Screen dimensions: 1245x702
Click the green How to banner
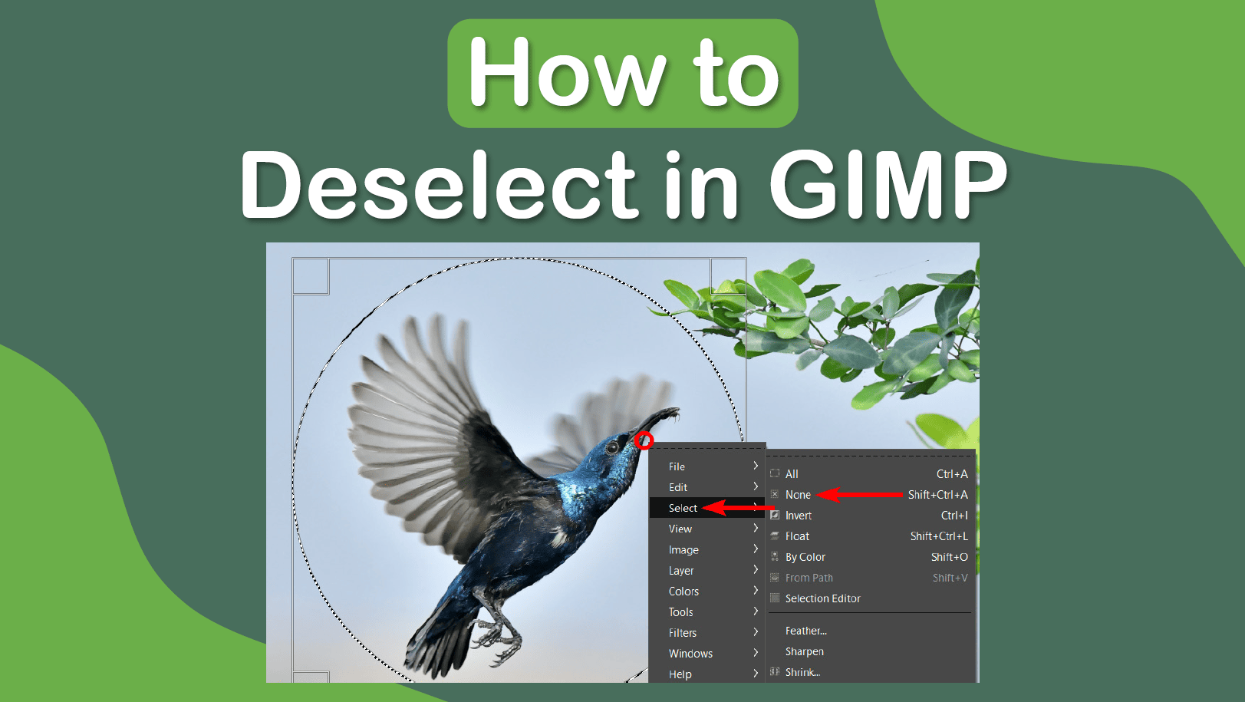[x=623, y=74]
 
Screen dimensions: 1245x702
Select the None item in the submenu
[x=798, y=495]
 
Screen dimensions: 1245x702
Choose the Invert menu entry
[x=798, y=516]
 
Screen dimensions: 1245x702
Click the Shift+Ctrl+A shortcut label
[x=937, y=495]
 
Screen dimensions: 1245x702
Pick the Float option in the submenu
[x=797, y=536]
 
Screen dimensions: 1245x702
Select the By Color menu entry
[x=805, y=557]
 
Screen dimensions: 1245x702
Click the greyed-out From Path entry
[x=809, y=578]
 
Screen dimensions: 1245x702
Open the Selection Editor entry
[x=822, y=598]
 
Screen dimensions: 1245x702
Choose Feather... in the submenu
[x=806, y=631]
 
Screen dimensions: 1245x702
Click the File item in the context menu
[x=677, y=466]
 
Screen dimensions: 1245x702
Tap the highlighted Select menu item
[x=683, y=508]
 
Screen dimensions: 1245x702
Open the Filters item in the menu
[x=683, y=632]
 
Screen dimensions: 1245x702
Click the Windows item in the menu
[x=690, y=654]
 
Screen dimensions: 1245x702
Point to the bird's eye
[x=612, y=447]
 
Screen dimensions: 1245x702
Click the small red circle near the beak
[x=644, y=441]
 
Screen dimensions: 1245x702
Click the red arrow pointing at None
[x=859, y=494]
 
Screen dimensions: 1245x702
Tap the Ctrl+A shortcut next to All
[x=951, y=474]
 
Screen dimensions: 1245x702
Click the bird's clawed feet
[x=496, y=639]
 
